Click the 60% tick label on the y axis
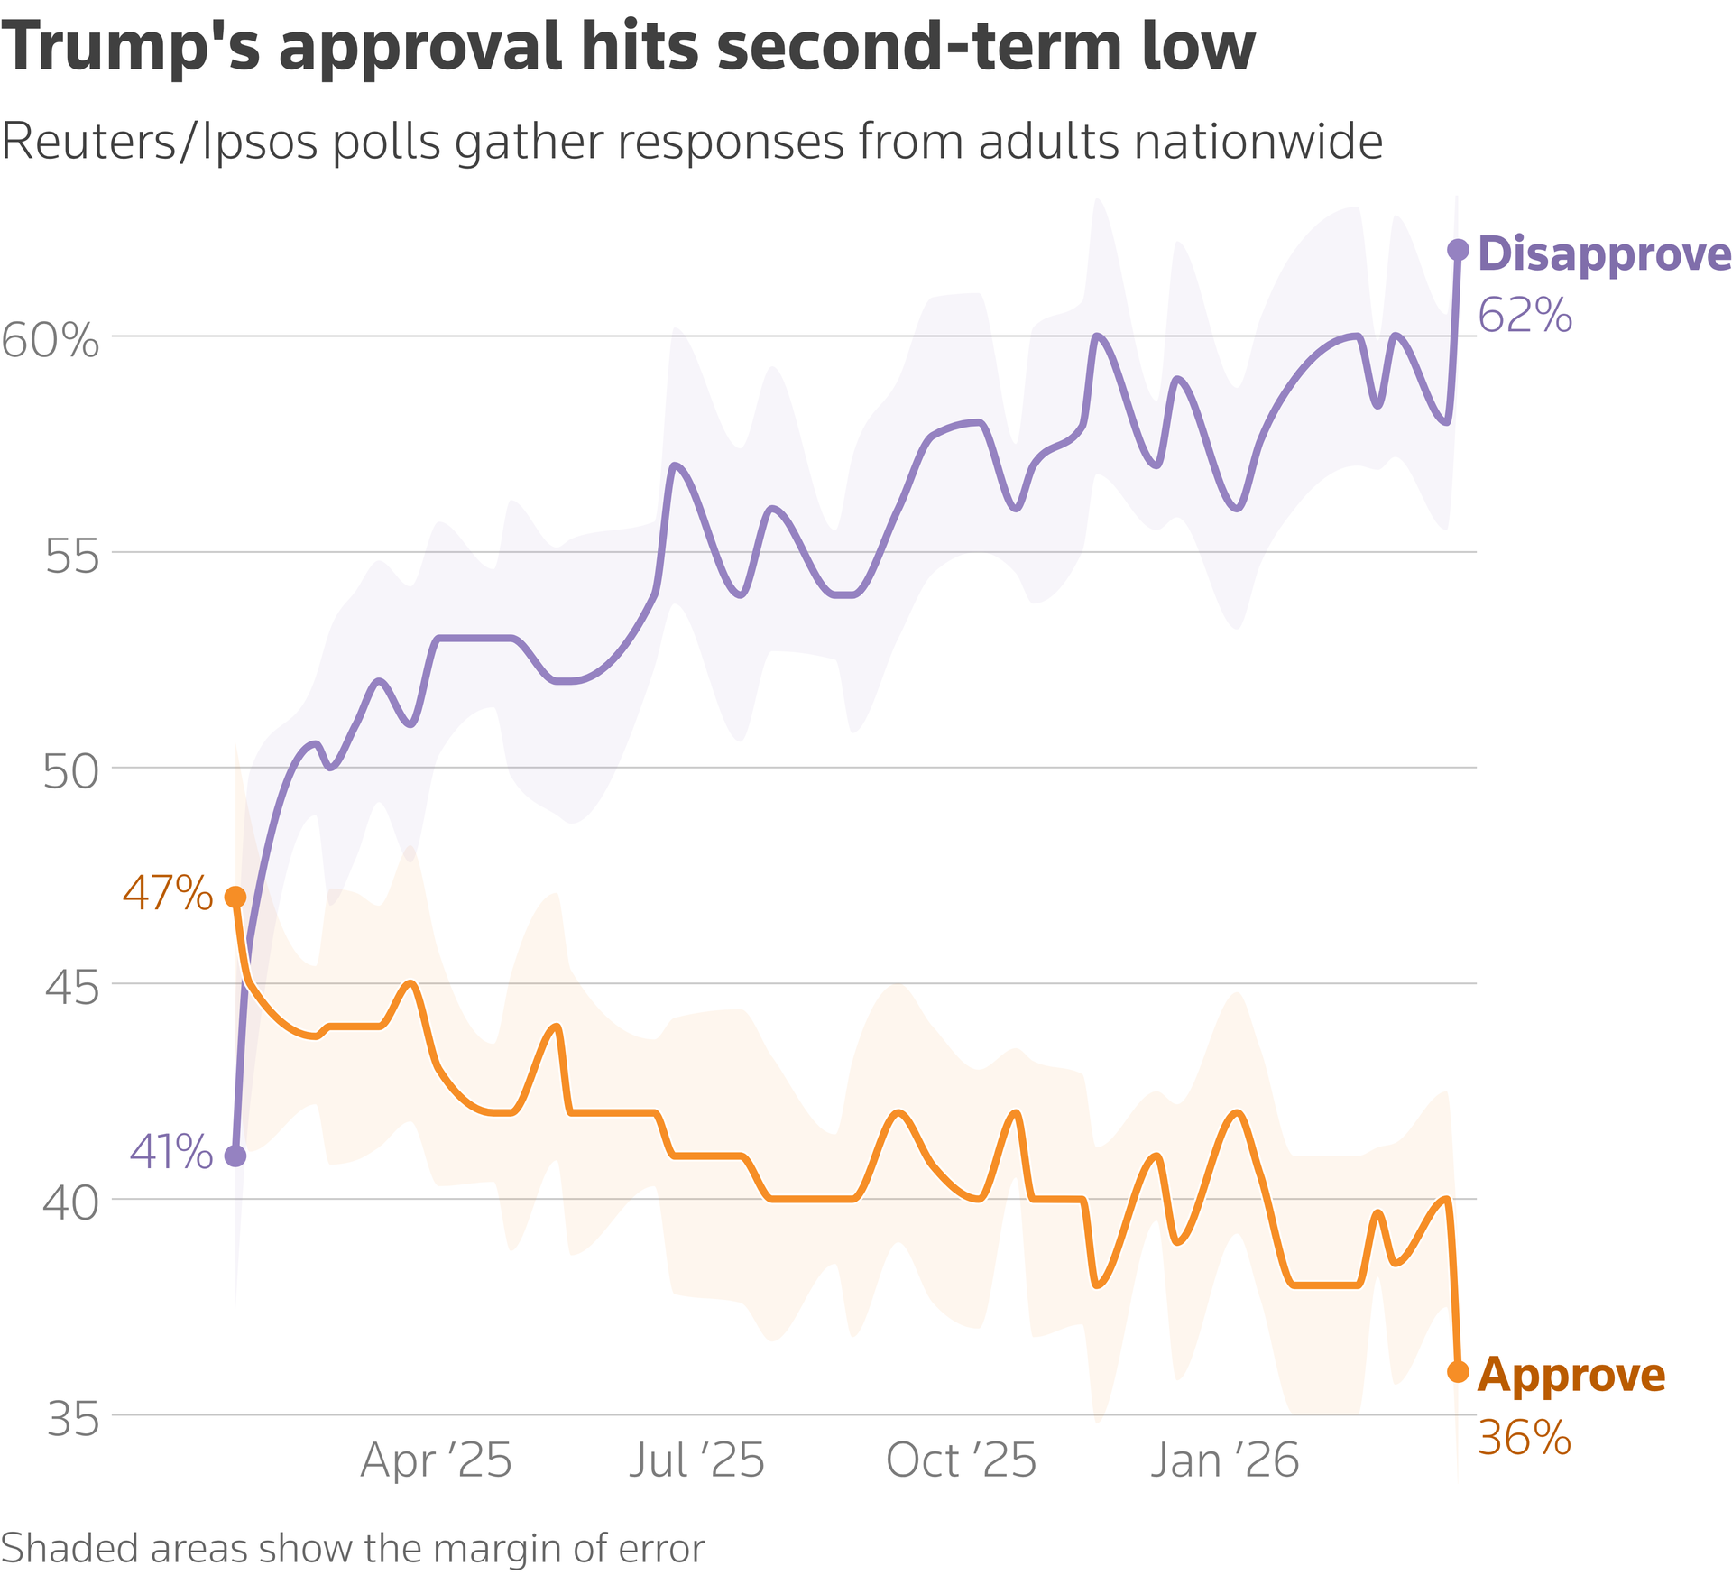pyautogui.click(x=51, y=341)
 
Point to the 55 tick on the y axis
pyautogui.click(x=72, y=557)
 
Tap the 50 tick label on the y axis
pyautogui.click(x=70, y=773)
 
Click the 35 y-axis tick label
pyautogui.click(x=72, y=1420)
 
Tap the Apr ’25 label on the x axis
pyautogui.click(x=437, y=1460)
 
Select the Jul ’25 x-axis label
pyautogui.click(x=696, y=1460)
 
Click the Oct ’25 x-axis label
pyautogui.click(x=962, y=1460)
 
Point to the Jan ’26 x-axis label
pyautogui.click(x=1224, y=1460)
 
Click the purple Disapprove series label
pyautogui.click(x=1604, y=254)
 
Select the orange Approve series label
pyautogui.click(x=1571, y=1375)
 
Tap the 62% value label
pyautogui.click(x=1525, y=316)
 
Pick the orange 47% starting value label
pyautogui.click(x=168, y=893)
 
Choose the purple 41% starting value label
pyautogui.click(x=171, y=1152)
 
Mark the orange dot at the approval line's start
pyautogui.click(x=235, y=897)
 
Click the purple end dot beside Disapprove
pyautogui.click(x=1458, y=250)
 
